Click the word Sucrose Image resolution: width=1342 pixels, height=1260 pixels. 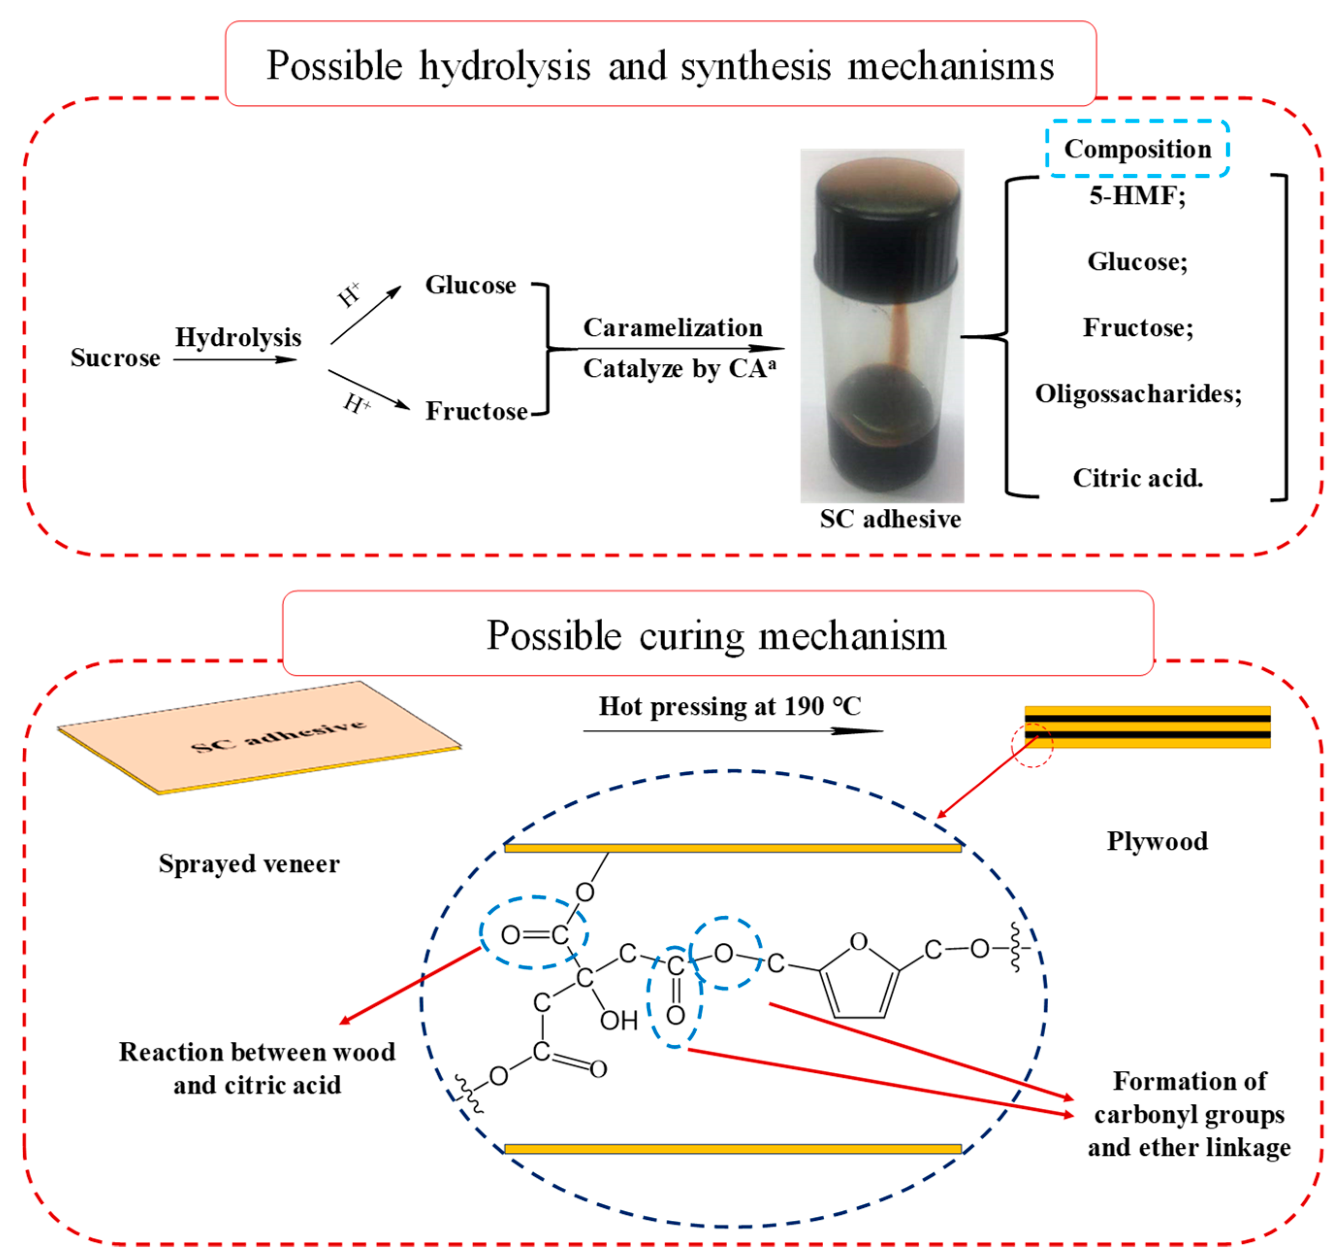click(115, 357)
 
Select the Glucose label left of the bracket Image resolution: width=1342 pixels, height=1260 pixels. click(470, 285)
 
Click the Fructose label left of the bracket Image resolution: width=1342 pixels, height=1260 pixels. click(476, 411)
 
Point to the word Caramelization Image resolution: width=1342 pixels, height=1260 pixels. click(673, 327)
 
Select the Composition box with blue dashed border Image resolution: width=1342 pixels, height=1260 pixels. click(1137, 148)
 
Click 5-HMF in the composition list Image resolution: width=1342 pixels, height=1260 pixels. click(1137, 196)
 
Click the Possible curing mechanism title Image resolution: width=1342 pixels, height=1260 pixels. click(717, 635)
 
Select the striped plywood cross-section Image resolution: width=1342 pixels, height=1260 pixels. click(1147, 727)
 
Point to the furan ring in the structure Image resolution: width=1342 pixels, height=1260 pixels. click(859, 983)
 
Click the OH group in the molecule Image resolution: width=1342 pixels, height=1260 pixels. click(618, 1021)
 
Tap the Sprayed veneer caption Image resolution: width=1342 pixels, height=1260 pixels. click(249, 864)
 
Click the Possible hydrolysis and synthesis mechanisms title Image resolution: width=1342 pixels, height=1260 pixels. click(660, 65)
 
